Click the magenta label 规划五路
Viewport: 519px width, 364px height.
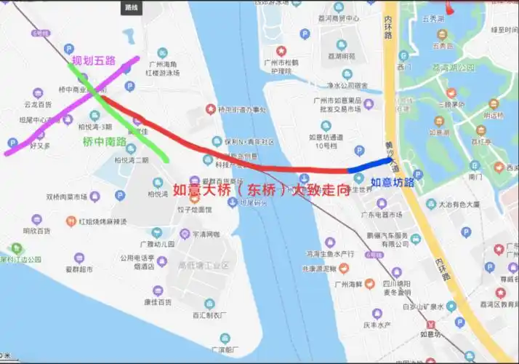94,61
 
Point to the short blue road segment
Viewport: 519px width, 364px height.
371,165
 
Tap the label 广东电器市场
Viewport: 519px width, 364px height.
380,215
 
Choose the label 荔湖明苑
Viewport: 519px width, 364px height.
342,56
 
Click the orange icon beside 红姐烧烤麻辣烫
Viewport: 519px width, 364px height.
71,221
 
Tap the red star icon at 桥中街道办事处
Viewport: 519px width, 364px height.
211,109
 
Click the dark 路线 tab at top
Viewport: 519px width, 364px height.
131,7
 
